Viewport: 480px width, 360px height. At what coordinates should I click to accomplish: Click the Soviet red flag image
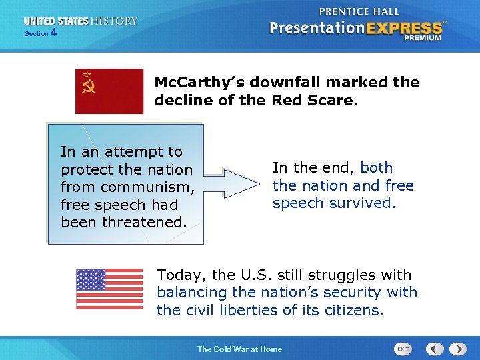point(109,91)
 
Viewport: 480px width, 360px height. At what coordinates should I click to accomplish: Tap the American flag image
point(109,289)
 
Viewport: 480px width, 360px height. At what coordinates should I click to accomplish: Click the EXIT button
point(403,349)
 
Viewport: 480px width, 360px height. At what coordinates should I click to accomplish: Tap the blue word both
point(376,168)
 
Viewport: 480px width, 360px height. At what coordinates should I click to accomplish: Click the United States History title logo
point(80,21)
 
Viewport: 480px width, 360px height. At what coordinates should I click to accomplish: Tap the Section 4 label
point(41,33)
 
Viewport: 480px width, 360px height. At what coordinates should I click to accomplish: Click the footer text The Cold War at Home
point(239,349)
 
